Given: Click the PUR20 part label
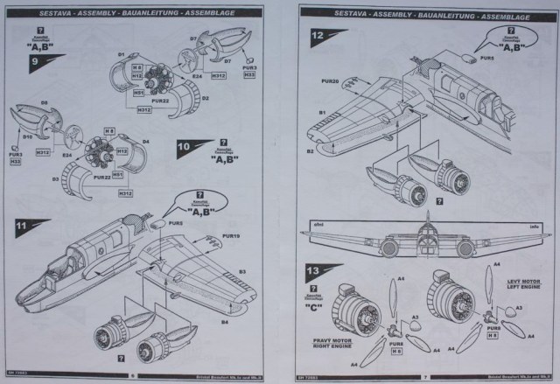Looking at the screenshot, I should (x=329, y=81).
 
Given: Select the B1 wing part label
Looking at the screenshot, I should (x=322, y=114).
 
